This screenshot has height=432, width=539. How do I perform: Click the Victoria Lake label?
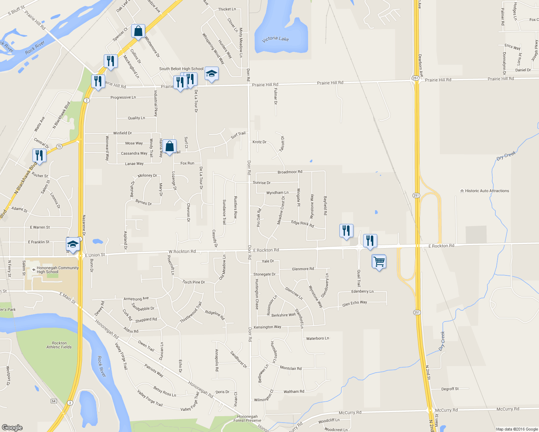[275, 39]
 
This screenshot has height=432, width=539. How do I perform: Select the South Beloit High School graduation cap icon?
[211, 74]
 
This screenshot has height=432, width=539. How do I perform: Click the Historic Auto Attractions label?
[487, 191]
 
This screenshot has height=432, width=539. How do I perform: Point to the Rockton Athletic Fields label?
[59, 345]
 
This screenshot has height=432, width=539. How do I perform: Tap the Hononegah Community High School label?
[58, 270]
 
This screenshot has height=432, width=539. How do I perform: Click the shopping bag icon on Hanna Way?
[169, 146]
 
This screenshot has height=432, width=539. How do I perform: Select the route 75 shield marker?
[59, 146]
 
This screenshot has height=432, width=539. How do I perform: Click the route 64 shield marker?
[54, 401]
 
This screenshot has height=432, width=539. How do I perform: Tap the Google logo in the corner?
[12, 428]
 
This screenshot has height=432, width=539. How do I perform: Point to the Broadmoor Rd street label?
[290, 172]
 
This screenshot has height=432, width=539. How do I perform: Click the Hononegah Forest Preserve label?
[247, 418]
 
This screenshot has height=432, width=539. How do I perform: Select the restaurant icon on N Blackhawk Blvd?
[39, 156]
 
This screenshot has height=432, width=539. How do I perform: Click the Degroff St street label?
[450, 389]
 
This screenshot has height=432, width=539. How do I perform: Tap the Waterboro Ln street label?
[317, 338]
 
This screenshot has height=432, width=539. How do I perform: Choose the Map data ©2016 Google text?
[517, 429]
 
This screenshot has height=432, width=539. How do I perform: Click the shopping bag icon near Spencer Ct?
[138, 31]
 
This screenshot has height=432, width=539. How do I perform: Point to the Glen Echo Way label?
[355, 303]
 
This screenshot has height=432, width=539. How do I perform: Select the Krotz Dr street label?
[259, 142]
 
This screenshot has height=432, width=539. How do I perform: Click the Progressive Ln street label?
[123, 98]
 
